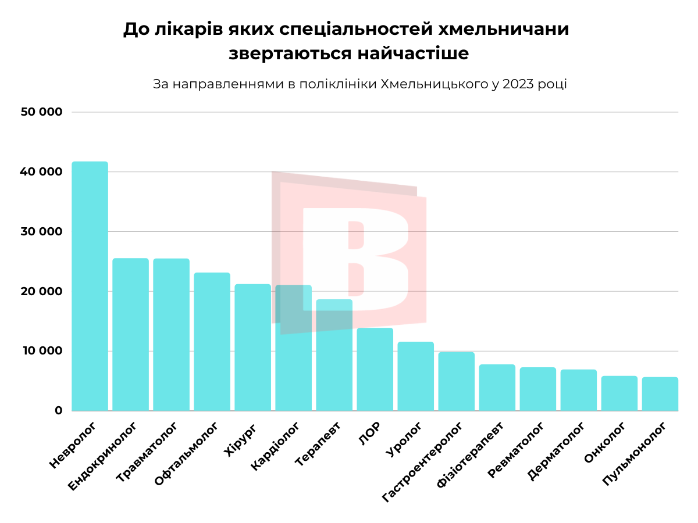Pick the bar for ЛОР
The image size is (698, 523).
click(375, 369)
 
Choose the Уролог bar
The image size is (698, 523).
click(415, 376)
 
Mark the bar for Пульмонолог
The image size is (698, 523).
click(660, 394)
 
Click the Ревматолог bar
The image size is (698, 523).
click(537, 389)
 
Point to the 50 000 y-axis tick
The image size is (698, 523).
click(41, 112)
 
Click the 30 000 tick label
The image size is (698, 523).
click(41, 232)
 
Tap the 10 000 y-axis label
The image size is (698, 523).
click(41, 351)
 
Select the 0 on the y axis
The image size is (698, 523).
click(58, 411)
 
